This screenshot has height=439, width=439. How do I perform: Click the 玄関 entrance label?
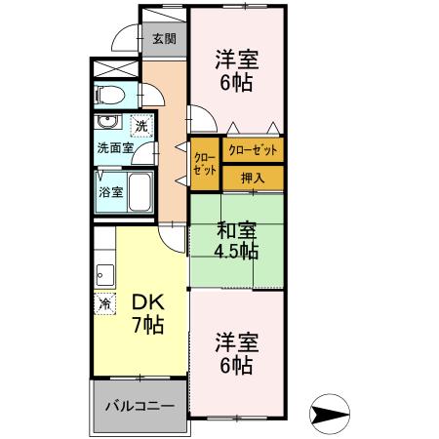coord(164,39)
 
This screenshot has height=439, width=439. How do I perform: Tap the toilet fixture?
coord(110,96)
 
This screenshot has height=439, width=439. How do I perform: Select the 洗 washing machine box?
coord(140,126)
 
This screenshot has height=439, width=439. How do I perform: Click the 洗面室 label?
coord(113,148)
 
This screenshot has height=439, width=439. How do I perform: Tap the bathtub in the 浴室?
coord(138,191)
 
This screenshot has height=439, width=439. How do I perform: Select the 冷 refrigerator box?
coord(104,303)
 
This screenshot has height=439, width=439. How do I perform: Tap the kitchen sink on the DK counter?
coord(104,273)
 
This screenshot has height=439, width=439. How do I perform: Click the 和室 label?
coord(236,231)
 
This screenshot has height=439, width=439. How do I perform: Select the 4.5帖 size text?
coord(236,251)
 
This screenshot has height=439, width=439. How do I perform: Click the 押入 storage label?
coord(253,179)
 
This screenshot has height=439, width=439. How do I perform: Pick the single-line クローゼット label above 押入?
coord(253,151)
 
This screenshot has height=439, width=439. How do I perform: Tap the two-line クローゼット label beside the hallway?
coord(204,163)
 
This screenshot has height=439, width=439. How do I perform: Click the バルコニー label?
coord(139,405)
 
